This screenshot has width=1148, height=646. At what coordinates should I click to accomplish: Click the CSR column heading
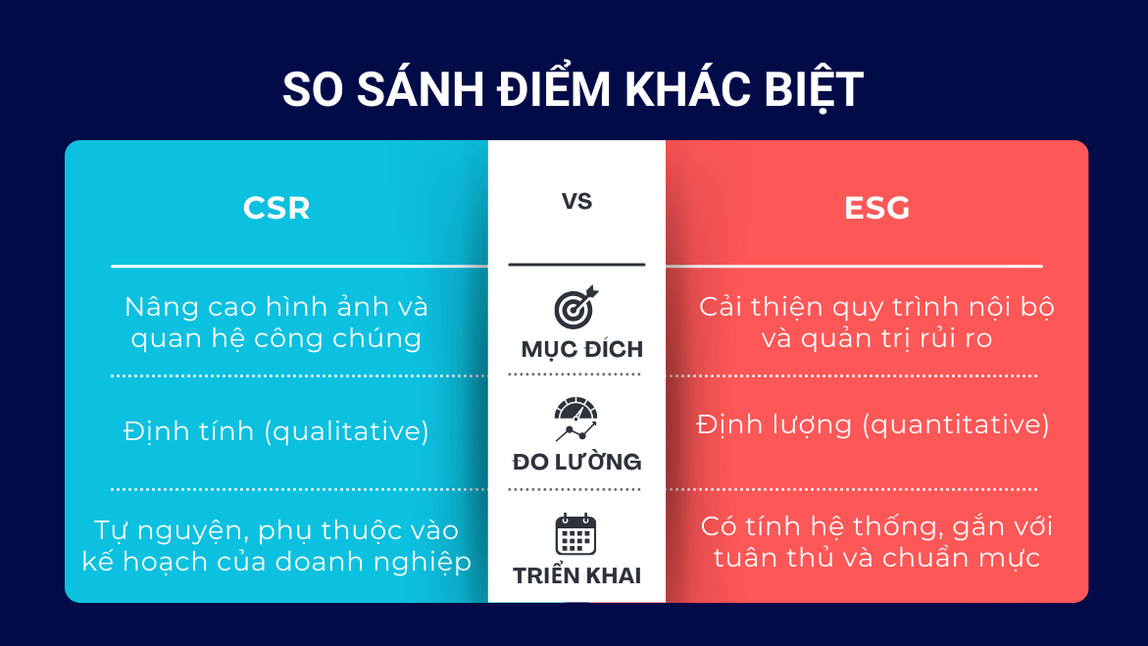(276, 209)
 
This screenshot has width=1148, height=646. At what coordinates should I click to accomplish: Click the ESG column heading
(876, 209)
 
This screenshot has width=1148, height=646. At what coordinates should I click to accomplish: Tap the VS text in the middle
(576, 202)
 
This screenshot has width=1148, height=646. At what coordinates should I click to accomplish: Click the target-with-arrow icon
(575, 308)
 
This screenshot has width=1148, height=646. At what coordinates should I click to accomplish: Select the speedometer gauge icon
(575, 421)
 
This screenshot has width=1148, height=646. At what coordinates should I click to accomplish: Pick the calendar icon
(575, 535)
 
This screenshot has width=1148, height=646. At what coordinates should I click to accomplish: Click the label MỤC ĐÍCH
(581, 350)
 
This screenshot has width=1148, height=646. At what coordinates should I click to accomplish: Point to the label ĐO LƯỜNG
(576, 462)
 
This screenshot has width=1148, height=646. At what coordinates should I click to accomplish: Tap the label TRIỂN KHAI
(576, 576)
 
